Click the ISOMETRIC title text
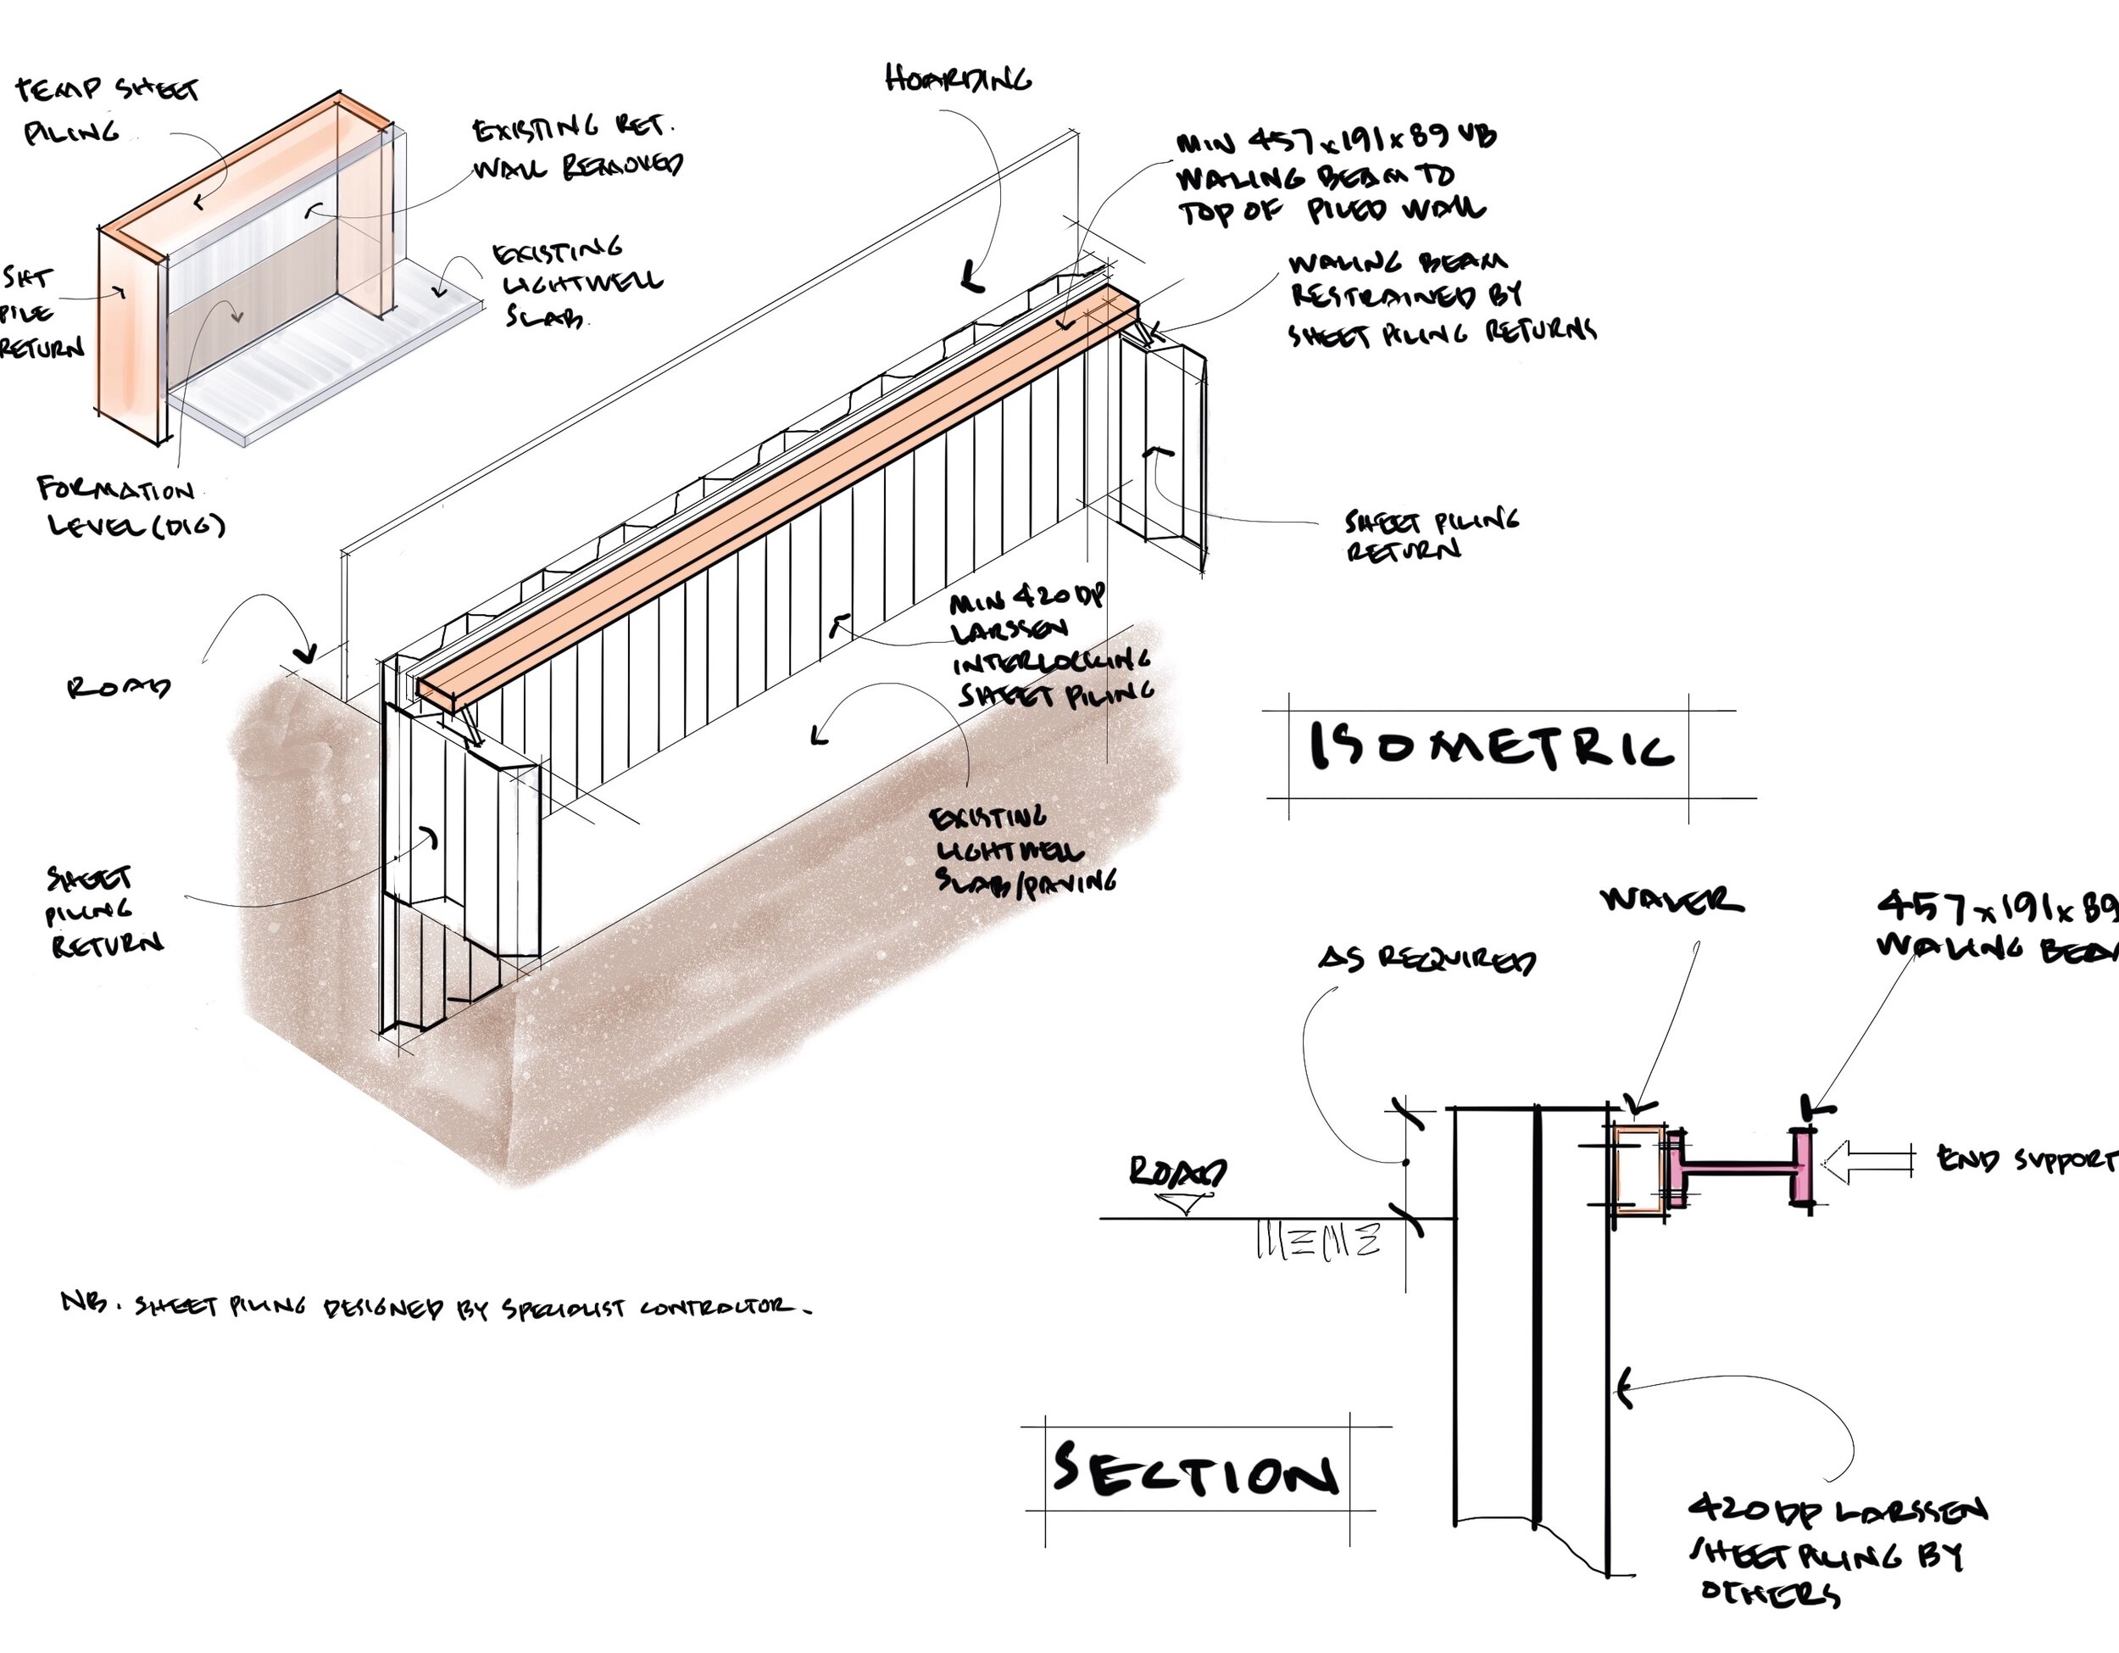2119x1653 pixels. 1489,746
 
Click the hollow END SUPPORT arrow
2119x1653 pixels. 1868,1161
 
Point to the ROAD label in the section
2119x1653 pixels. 1176,1171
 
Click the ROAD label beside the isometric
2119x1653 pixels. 119,687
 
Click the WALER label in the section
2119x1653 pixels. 1671,900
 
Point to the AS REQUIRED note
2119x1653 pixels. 1427,959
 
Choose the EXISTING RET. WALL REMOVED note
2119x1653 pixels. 576,147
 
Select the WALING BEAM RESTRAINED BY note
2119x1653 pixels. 1440,297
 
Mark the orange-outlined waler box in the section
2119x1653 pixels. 1638,1169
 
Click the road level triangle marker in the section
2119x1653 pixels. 1185,1203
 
